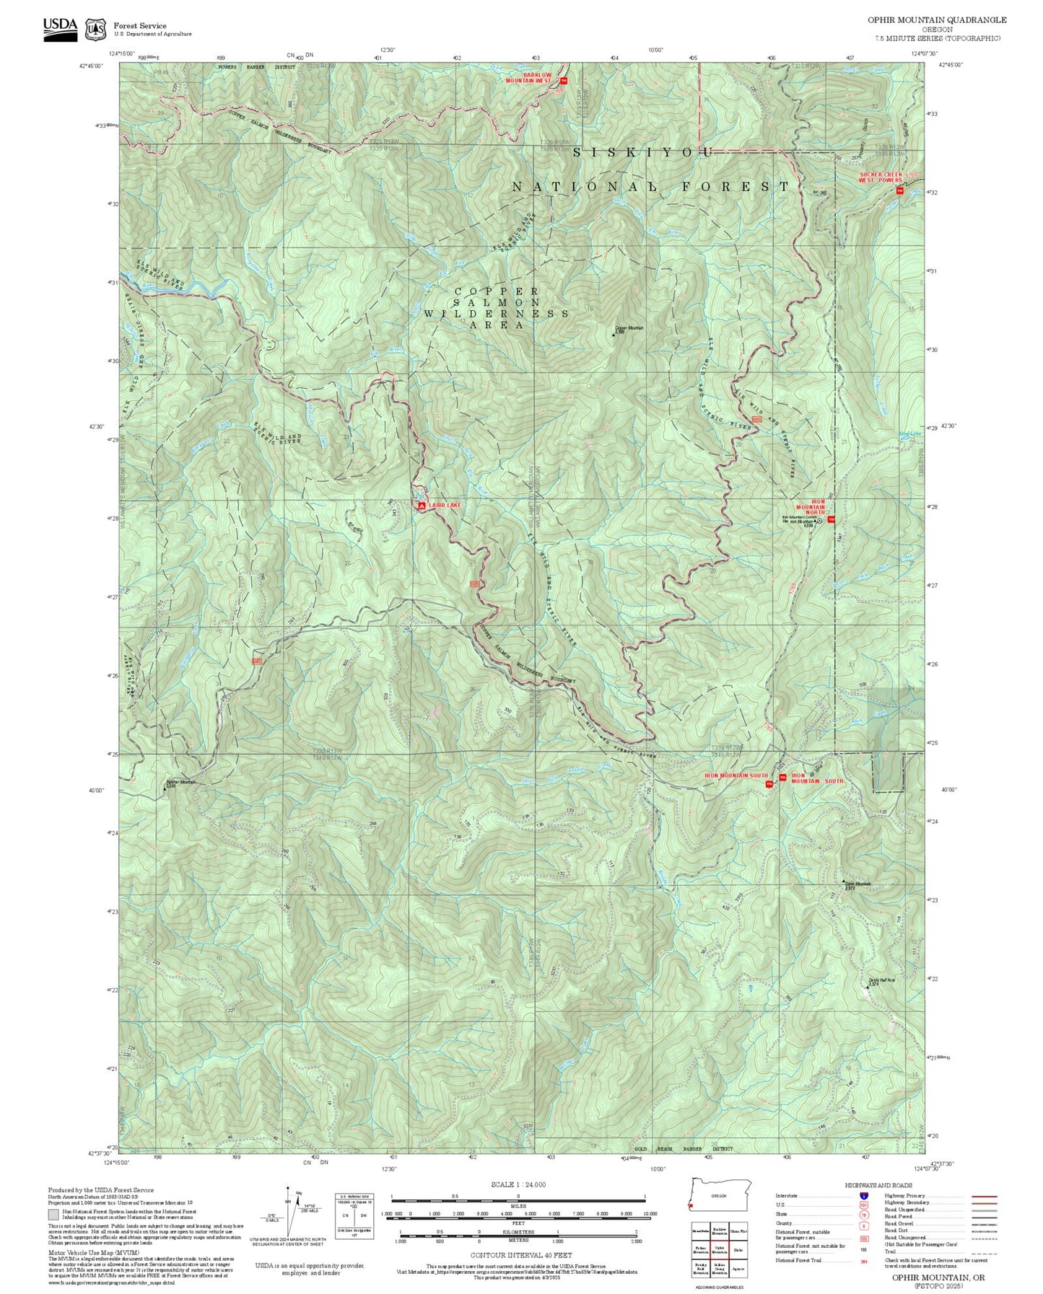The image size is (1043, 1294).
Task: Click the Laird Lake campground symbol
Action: pyautogui.click(x=421, y=506)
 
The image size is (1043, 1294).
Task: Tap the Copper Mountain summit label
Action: pyautogui.click(x=629, y=330)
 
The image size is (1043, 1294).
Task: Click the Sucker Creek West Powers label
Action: pyautogui.click(x=880, y=177)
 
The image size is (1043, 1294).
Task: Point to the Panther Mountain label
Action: pyautogui.click(x=181, y=783)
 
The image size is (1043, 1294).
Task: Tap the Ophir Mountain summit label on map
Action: pyautogui.click(x=858, y=885)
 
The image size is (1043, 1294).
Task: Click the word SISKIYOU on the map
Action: pyautogui.click(x=643, y=152)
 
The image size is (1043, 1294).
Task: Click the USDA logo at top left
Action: pyautogui.click(x=60, y=28)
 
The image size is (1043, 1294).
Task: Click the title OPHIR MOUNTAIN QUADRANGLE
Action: pyautogui.click(x=937, y=20)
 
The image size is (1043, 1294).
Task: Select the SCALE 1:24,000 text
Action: pyautogui.click(x=518, y=1184)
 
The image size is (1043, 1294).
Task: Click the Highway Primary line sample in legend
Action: pyautogui.click(x=984, y=1196)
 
